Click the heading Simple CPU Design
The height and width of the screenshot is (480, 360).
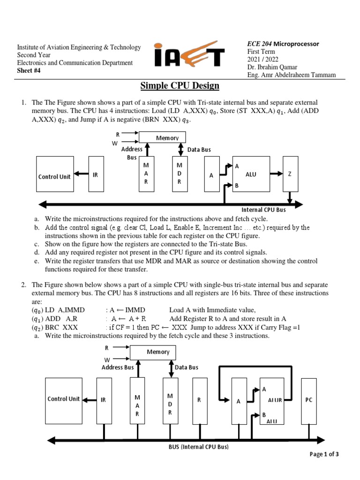click(180, 86)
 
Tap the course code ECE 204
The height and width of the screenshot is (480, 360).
click(259, 44)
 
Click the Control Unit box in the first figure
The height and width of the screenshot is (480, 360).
click(54, 174)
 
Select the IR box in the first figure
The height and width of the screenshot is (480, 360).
click(96, 174)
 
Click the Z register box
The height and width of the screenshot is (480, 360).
click(290, 174)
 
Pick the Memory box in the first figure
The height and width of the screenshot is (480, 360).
click(163, 137)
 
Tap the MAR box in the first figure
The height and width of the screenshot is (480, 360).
click(146, 174)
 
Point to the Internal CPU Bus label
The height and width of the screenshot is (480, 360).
click(263, 210)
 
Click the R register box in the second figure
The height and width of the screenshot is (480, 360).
click(199, 401)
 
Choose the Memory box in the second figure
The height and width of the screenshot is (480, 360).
click(157, 352)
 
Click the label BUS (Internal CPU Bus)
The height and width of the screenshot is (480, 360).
click(198, 447)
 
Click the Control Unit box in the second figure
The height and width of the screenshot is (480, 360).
click(63, 401)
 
